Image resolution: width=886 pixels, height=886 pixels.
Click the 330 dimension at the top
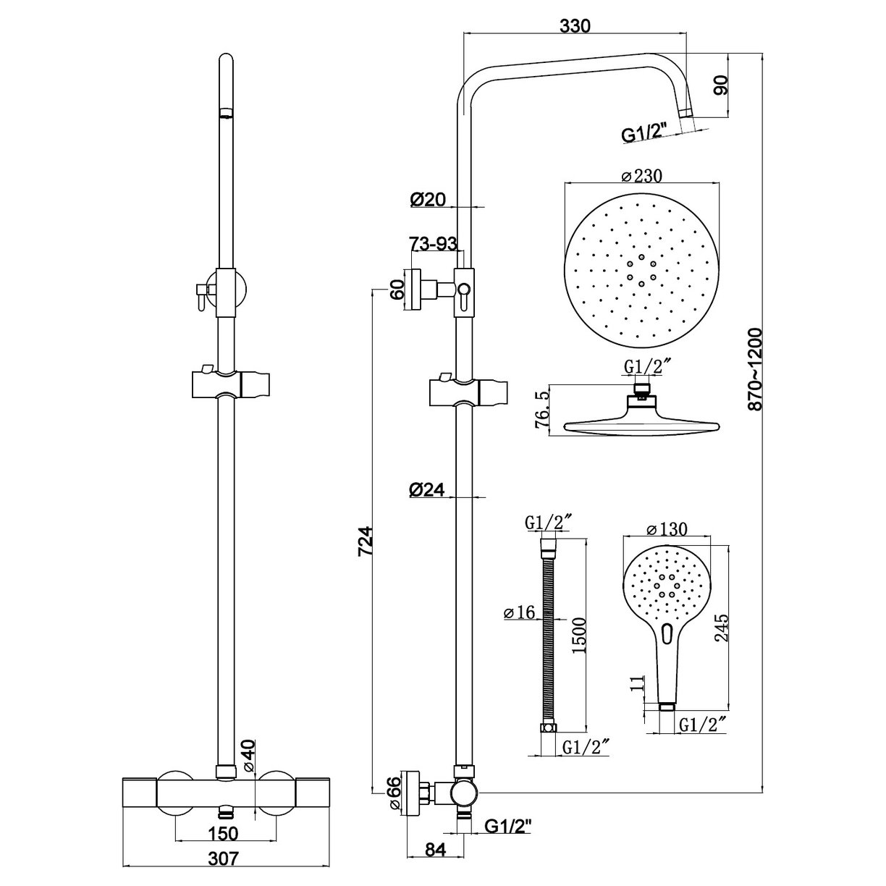(x=575, y=25)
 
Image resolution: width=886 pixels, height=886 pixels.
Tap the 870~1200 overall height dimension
(x=756, y=369)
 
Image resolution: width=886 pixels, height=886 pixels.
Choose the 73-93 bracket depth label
(x=434, y=245)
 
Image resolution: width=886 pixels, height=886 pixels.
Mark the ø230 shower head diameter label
(x=642, y=175)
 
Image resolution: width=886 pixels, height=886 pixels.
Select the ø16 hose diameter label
(x=518, y=612)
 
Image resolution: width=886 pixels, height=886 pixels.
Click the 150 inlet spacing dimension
(x=222, y=834)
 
